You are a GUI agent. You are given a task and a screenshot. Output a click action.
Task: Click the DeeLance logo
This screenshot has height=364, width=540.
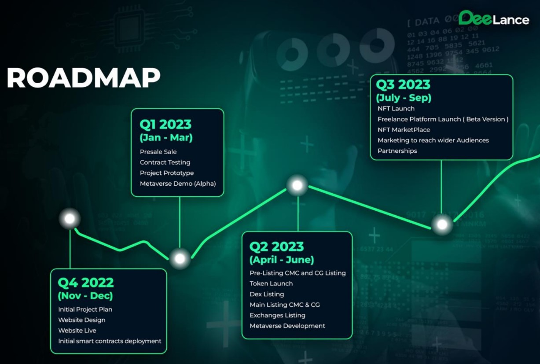pos(493,18)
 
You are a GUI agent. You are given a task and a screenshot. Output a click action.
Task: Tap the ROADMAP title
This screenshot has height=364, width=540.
pos(83,78)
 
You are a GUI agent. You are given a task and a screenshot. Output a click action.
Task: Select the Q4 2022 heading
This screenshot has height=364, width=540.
pos(86,282)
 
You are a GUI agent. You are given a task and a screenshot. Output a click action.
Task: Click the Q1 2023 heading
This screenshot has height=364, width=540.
pos(166,124)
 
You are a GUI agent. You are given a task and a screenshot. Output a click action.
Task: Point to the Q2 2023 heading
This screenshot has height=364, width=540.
pos(276,246)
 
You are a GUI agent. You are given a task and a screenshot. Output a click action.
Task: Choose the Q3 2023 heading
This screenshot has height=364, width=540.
pos(403,84)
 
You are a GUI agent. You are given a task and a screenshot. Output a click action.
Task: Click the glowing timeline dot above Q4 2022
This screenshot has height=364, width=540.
pos(70,218)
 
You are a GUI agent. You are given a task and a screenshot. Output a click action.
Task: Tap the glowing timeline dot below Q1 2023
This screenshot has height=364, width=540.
pos(180,259)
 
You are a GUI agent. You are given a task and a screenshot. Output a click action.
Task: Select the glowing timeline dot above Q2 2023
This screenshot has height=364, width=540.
pos(298,185)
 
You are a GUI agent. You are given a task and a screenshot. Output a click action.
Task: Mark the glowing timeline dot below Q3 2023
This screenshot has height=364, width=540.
pos(442,225)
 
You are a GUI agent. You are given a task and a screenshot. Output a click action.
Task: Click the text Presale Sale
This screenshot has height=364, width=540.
pos(158,152)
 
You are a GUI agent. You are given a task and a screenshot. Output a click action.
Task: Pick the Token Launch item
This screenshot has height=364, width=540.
pos(271,283)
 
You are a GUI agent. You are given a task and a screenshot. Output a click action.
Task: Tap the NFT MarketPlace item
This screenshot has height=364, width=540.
pos(404,130)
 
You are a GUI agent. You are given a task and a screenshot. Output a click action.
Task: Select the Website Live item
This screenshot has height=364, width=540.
pos(77,331)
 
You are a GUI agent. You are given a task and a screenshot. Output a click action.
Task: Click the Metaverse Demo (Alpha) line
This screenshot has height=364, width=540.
pos(178,184)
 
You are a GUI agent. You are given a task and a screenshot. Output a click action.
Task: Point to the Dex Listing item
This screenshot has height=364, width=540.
pos(267,294)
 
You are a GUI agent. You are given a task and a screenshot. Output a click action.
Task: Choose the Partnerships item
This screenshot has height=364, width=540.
pos(397,151)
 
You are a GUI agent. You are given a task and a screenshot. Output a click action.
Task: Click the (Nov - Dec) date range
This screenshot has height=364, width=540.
pos(85,295)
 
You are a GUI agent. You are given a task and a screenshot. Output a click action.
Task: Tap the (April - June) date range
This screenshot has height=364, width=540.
pos(282,260)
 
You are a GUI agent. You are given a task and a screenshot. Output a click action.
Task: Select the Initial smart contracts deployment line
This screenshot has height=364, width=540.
pos(110,341)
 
